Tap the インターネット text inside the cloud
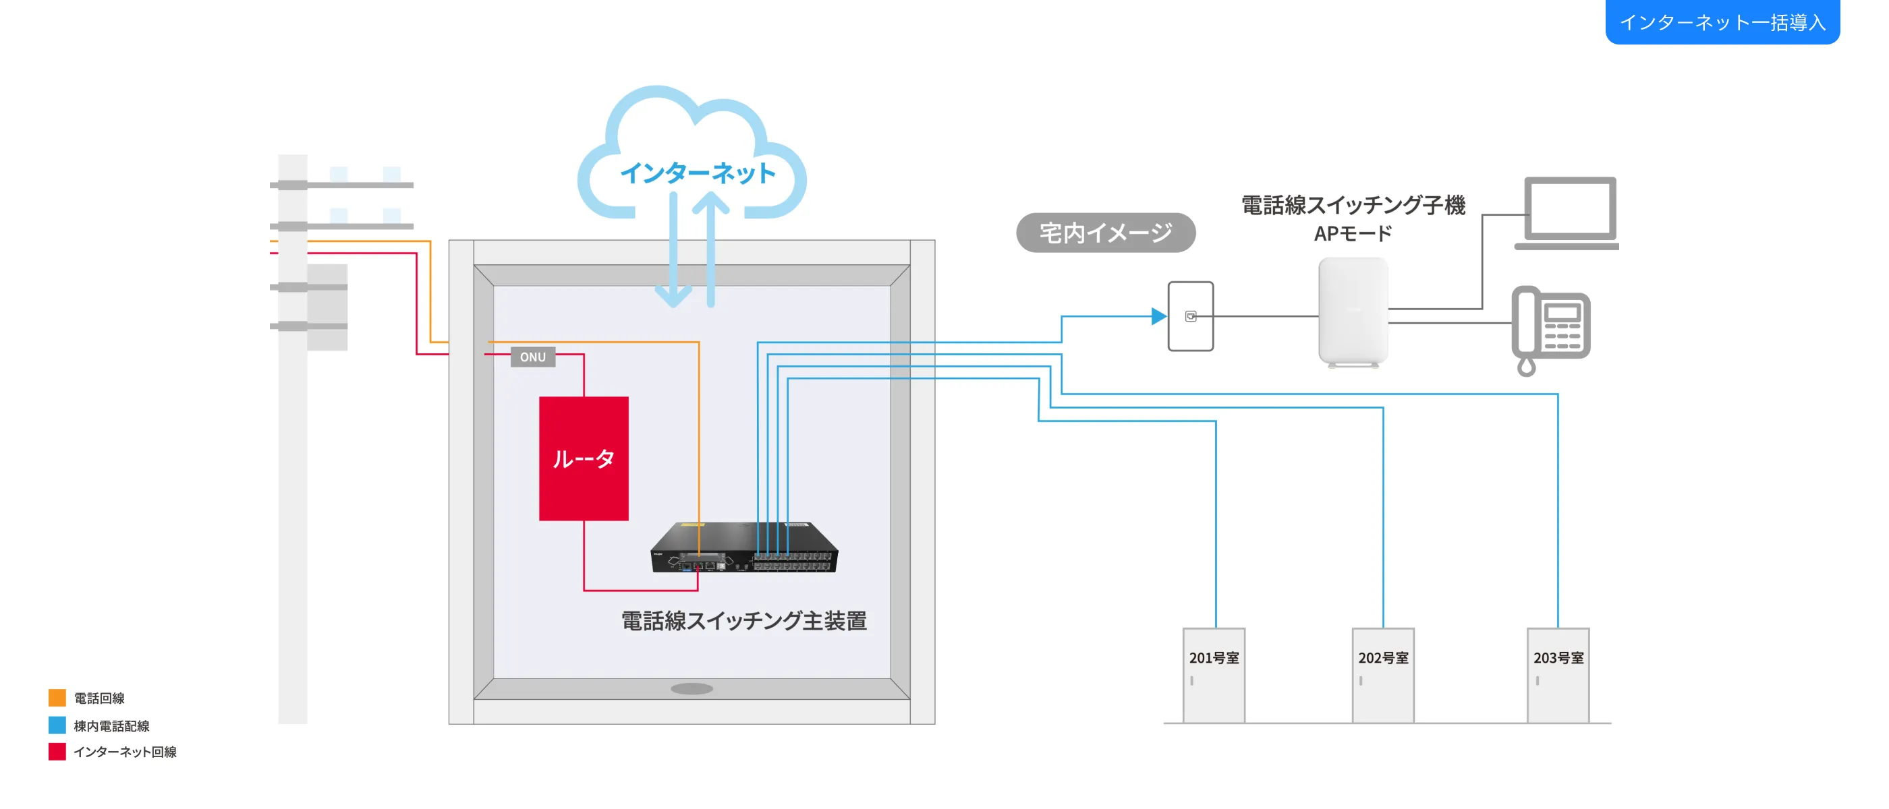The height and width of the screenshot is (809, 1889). coord(698,173)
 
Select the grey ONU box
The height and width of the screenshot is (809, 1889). coord(532,357)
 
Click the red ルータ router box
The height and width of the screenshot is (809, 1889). coord(584,458)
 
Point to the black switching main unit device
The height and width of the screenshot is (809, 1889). coord(743,547)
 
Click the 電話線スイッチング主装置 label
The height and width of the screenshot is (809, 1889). coord(743,621)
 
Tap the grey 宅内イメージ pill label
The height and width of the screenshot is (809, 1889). coord(1105,233)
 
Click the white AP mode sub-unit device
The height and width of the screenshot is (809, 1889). coord(1353,311)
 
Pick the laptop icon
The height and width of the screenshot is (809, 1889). coord(1569,212)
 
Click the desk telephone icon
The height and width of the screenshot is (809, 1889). coord(1551,329)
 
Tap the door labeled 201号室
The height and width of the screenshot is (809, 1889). coord(1214,675)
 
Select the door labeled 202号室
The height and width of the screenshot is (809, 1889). coord(1383,675)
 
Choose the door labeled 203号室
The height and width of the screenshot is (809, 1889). coord(1558,675)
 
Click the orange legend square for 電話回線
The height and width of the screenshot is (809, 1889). coord(57,698)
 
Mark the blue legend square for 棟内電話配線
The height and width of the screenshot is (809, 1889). coord(57,725)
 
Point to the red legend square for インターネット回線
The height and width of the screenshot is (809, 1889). coord(57,751)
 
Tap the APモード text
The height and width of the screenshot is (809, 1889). coord(1352,234)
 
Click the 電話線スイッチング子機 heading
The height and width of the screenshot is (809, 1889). coord(1352,204)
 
